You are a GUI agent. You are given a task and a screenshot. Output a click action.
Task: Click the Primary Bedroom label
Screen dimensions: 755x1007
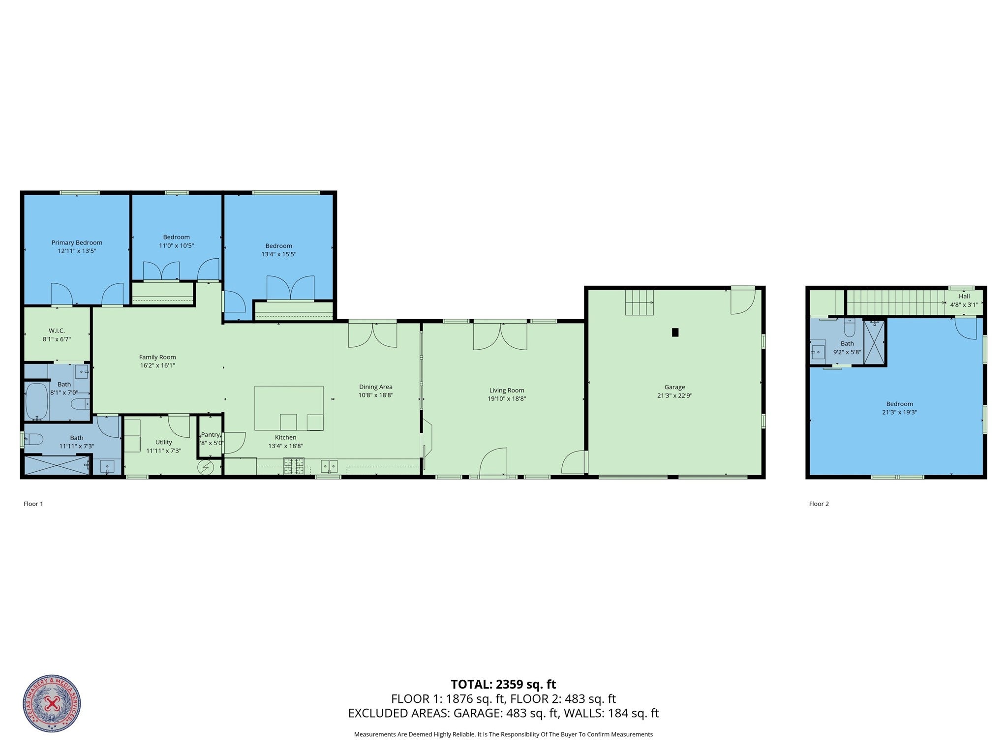[77, 242]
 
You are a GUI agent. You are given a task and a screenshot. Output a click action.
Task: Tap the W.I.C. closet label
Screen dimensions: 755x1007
[57, 331]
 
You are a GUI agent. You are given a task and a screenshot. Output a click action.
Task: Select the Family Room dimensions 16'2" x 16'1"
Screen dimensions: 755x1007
[157, 365]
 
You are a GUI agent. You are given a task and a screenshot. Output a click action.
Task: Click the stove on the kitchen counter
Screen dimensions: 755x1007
[293, 466]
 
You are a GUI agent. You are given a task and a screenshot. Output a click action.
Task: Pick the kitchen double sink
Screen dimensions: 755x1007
[329, 465]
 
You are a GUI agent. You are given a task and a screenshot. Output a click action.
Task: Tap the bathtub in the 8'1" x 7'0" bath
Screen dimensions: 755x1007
[36, 401]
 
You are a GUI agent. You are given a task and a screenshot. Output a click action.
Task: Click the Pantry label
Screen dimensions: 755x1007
[210, 435]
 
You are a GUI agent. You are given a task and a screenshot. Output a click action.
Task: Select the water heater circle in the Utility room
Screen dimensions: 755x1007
[206, 467]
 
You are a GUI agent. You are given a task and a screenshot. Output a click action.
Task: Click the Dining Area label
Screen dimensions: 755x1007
[375, 387]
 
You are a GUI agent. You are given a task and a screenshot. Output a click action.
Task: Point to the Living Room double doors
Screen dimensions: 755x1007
[500, 336]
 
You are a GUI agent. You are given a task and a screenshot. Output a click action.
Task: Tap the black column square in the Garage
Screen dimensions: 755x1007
[675, 332]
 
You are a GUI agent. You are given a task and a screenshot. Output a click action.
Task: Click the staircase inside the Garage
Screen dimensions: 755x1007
[639, 302]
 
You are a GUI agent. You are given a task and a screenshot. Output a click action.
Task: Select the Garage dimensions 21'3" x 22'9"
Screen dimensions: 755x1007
[674, 395]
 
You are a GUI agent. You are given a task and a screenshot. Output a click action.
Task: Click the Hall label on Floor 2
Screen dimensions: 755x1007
[964, 296]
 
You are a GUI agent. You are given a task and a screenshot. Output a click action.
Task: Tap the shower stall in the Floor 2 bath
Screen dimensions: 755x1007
[874, 342]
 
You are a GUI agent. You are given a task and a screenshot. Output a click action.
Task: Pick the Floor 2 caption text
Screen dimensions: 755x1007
[819, 504]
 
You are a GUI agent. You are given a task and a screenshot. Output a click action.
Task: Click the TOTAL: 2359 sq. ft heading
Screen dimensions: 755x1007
[503, 684]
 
